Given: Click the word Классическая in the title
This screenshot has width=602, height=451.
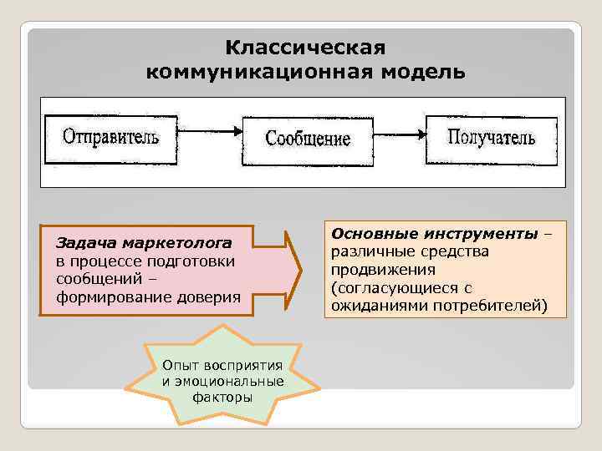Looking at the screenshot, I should point(305,47).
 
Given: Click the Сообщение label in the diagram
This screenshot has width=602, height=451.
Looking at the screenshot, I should point(308,138).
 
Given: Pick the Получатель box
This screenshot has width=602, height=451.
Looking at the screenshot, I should point(491,137).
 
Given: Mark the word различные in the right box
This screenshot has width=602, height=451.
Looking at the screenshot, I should point(365,251).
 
